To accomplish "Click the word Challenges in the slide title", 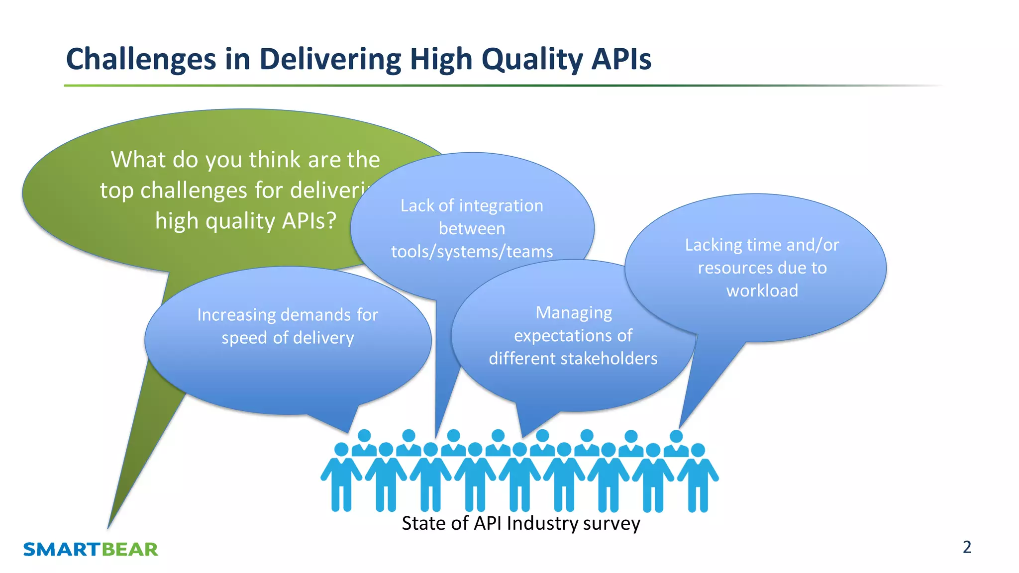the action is [x=141, y=59].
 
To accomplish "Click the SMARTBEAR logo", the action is [x=91, y=549].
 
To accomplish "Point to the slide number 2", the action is [x=967, y=547].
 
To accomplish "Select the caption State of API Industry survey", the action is [x=520, y=523].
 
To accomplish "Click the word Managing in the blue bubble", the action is [x=574, y=312].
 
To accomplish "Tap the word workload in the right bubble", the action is [x=762, y=290].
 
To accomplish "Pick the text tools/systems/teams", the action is [x=472, y=252].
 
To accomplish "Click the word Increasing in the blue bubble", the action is [x=236, y=315].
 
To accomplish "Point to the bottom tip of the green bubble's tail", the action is [x=108, y=527].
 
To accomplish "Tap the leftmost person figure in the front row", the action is [x=341, y=477].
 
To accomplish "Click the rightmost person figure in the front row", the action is [x=698, y=477].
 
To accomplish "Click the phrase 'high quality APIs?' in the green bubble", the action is [x=246, y=221].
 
